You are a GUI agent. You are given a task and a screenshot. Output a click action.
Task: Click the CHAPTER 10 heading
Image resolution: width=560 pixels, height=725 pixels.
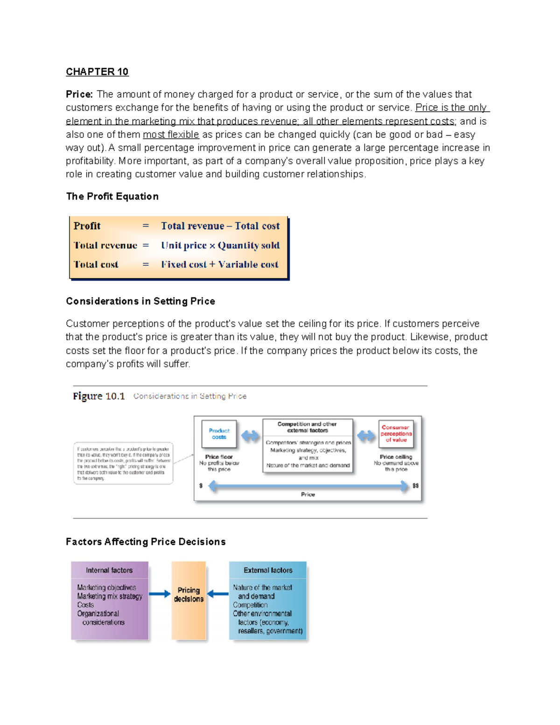pos(97,71)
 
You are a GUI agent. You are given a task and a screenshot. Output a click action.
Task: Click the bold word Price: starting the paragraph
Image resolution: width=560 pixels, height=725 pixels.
pos(79,94)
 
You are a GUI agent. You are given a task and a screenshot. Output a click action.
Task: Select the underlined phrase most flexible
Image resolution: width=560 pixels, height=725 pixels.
pos(171,134)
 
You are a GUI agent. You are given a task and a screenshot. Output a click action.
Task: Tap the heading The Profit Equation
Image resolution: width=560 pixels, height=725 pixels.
pos(112,196)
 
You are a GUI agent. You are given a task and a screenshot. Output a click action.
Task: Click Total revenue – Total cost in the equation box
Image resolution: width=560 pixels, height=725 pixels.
pos(220,226)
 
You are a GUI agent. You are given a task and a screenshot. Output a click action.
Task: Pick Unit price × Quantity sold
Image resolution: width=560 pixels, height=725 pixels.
pos(220,245)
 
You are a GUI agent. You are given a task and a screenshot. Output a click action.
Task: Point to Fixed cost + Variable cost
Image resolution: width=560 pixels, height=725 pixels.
pos(220,264)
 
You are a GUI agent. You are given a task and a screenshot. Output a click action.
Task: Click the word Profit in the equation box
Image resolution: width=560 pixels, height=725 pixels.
pos(87,226)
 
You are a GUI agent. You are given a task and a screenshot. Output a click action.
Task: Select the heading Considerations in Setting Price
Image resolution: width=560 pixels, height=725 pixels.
pos(140,301)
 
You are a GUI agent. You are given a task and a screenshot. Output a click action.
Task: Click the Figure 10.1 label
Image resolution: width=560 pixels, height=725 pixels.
pos(99,396)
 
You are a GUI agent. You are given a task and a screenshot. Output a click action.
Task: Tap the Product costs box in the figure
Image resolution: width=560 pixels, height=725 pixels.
pos(219,434)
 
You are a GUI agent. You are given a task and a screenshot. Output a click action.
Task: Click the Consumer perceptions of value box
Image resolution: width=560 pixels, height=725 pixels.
pos(396,434)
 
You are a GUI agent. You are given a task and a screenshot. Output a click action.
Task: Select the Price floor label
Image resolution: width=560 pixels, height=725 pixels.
pos(219,457)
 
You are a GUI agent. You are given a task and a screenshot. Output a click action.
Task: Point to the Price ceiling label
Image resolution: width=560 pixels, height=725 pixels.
pos(396,457)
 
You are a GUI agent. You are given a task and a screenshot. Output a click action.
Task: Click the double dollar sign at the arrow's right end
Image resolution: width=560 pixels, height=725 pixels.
pos(415,486)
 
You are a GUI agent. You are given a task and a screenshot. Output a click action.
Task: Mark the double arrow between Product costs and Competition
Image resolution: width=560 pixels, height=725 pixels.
pos(251,436)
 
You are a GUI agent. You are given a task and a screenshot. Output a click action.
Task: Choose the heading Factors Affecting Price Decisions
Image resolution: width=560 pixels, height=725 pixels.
pos(146,542)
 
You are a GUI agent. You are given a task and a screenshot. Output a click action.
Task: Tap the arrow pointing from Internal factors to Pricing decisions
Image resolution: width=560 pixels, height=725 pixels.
pos(160,594)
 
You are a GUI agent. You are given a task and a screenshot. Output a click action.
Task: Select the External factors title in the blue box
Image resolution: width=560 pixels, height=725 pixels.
pos(268,570)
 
